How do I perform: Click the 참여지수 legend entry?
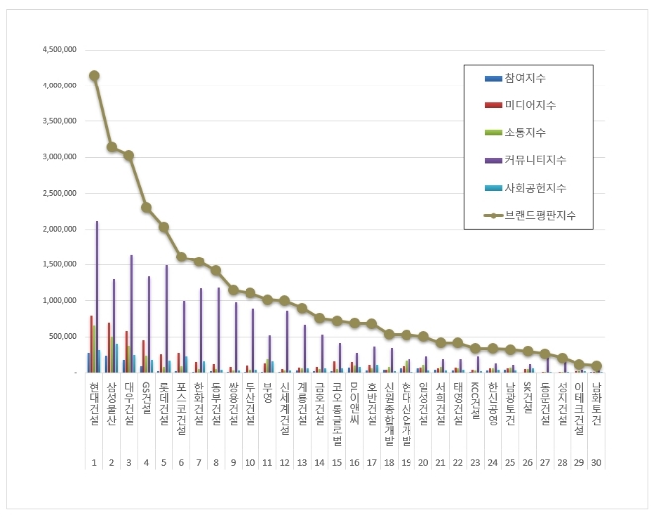[525, 78]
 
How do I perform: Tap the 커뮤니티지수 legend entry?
[535, 159]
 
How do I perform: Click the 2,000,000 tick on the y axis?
[57, 229]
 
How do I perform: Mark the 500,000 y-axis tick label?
[63, 336]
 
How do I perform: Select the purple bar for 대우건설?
[131, 313]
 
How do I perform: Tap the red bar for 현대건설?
[91, 344]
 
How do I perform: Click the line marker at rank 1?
[94, 75]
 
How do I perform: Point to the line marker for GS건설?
[146, 207]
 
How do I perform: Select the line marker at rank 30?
[596, 366]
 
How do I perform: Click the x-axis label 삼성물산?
[112, 407]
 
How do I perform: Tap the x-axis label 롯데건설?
[164, 407]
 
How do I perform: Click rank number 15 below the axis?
[337, 462]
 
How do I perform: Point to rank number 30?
[596, 462]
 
